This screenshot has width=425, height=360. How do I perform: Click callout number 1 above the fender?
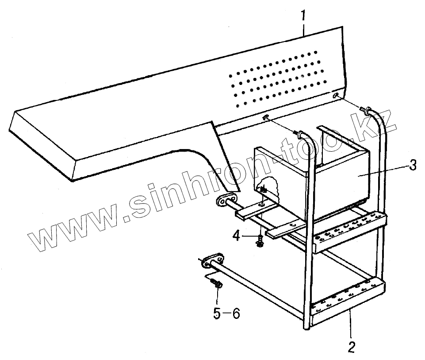pos(303,16)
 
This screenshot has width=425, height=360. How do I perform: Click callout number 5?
pos(216,314)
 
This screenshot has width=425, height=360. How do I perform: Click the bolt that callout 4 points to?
pos(260,241)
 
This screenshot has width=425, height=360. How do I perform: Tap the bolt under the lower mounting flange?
pos(217,284)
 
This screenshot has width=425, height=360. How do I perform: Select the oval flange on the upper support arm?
pos(227,200)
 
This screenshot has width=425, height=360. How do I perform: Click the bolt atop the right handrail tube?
pos(366,109)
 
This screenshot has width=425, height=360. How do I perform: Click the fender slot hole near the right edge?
pos(337,96)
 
